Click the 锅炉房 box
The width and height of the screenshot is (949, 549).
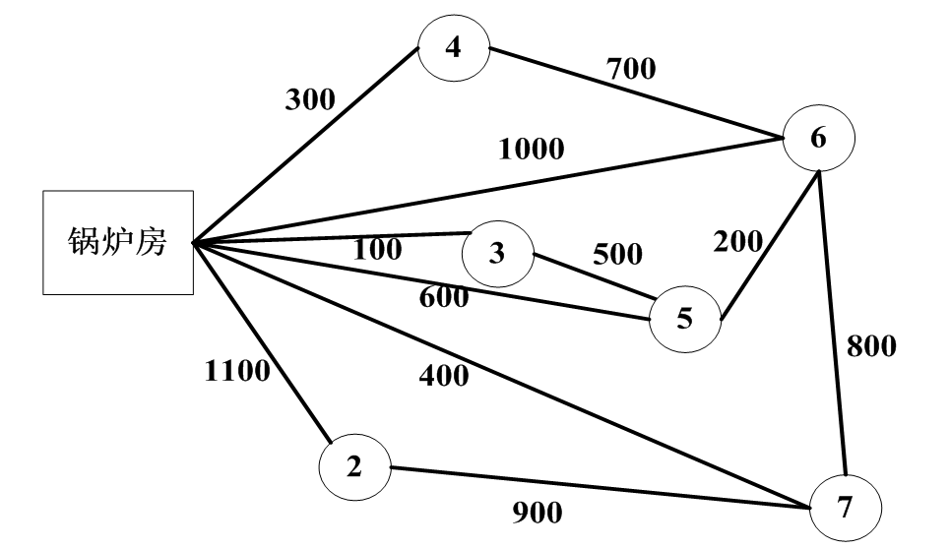(x=117, y=242)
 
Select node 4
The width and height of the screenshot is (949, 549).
(x=454, y=49)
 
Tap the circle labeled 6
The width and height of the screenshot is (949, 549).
(x=819, y=139)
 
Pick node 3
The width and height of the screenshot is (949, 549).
(x=497, y=253)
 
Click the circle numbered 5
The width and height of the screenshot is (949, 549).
(x=685, y=318)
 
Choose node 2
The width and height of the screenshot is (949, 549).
(x=354, y=466)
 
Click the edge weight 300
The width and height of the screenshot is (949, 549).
(x=310, y=98)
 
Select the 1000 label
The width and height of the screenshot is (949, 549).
(x=532, y=149)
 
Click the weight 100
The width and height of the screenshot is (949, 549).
(x=377, y=250)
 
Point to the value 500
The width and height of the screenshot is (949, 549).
(x=617, y=255)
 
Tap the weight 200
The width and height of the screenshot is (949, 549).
(x=737, y=242)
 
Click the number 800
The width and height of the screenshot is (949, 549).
(x=871, y=346)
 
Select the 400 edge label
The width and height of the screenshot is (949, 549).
(x=444, y=375)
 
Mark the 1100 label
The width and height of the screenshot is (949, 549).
(x=236, y=372)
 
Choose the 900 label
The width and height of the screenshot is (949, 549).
(x=537, y=513)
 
